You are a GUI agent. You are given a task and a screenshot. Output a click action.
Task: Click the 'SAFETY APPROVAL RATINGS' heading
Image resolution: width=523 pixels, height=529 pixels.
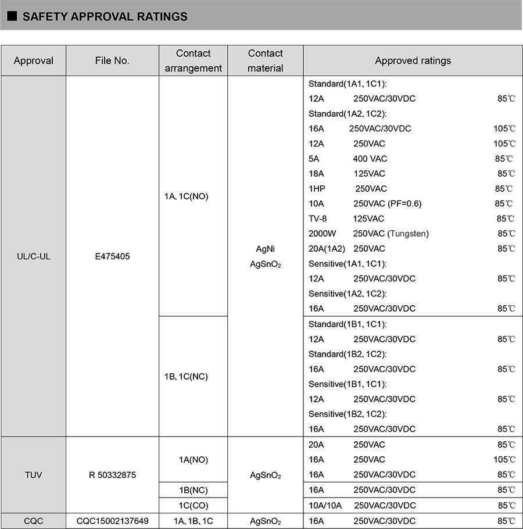(x=105, y=17)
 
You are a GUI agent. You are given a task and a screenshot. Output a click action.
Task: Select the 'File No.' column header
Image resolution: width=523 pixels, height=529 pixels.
(x=112, y=60)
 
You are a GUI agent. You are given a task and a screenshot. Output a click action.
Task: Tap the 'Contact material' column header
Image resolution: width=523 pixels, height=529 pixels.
(x=265, y=60)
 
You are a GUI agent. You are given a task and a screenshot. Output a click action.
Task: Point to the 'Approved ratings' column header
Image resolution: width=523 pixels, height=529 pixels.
(x=413, y=60)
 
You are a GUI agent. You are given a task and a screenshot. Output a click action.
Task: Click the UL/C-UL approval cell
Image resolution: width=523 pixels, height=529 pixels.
(x=34, y=256)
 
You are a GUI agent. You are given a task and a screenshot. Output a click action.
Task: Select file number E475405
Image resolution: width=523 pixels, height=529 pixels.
(x=112, y=256)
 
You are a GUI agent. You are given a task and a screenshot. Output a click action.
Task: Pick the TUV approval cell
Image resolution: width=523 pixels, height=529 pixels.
(x=34, y=475)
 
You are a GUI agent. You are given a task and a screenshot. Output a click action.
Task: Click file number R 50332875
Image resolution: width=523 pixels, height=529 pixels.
(x=112, y=475)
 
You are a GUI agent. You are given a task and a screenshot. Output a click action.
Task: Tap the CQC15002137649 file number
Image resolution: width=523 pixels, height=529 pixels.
(x=112, y=521)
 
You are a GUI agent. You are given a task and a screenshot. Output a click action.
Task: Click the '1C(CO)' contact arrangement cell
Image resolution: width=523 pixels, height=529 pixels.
(x=194, y=505)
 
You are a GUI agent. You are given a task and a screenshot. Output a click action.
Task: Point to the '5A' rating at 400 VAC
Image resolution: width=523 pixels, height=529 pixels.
(x=314, y=159)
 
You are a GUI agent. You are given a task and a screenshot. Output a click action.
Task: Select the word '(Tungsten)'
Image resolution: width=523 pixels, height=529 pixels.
(x=409, y=234)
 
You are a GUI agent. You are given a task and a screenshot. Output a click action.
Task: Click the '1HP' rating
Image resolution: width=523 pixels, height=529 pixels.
(x=317, y=189)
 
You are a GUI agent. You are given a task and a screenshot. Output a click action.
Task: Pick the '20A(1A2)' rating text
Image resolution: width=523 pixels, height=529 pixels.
(x=327, y=249)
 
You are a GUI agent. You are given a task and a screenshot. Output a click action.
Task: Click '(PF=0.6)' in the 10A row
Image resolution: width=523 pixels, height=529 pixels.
(x=405, y=204)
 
